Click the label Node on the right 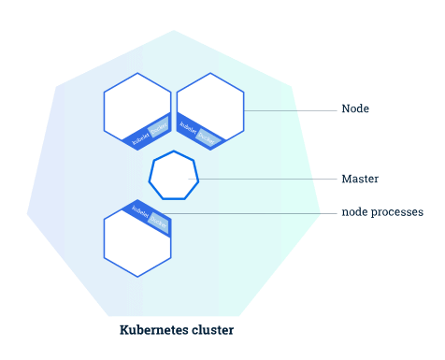tap(354, 109)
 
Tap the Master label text tap(359, 178)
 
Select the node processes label tap(381, 212)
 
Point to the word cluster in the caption tap(214, 330)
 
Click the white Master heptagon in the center tap(174, 176)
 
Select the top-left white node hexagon tap(135, 104)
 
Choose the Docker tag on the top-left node tap(158, 127)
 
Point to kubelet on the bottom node tap(139, 210)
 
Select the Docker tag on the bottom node tap(158, 222)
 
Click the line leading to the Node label tap(290, 110)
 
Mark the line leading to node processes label tap(252, 213)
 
